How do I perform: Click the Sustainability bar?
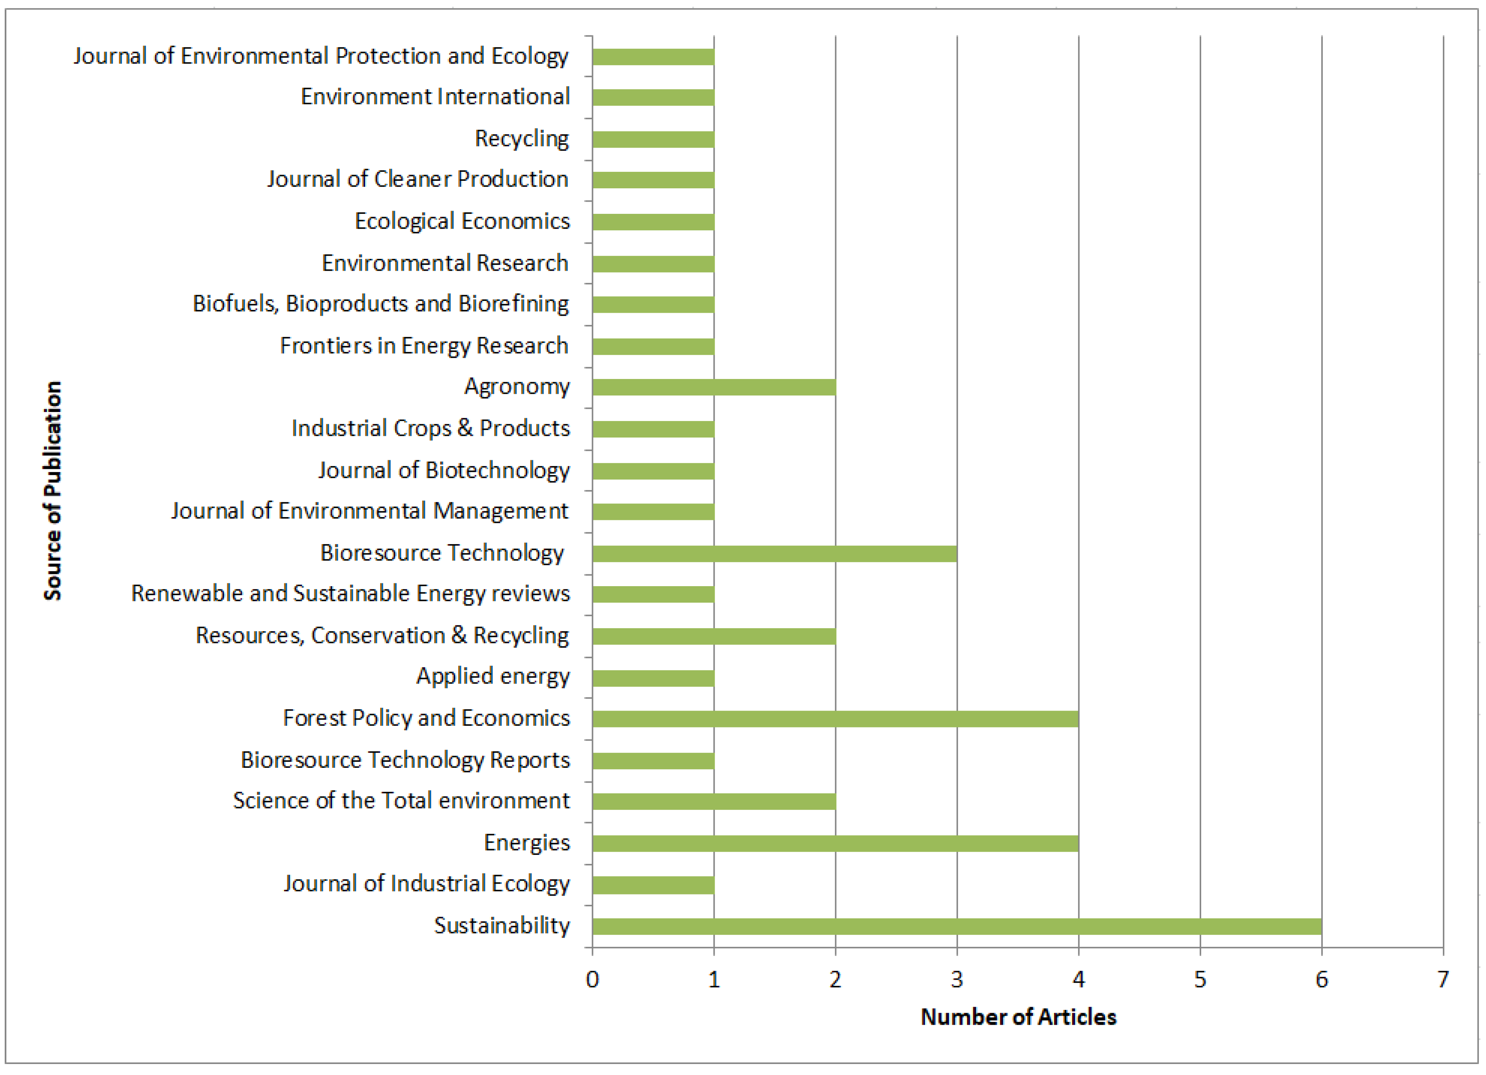956,926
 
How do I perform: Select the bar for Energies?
835,843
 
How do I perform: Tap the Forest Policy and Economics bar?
835,719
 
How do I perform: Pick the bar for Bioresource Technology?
774,554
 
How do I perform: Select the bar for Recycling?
653,139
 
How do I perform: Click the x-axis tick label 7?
1443,979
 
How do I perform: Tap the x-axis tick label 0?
592,979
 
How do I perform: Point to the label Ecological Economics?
462,221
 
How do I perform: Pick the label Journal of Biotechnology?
444,470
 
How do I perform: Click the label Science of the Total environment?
401,800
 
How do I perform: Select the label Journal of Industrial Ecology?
426,884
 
